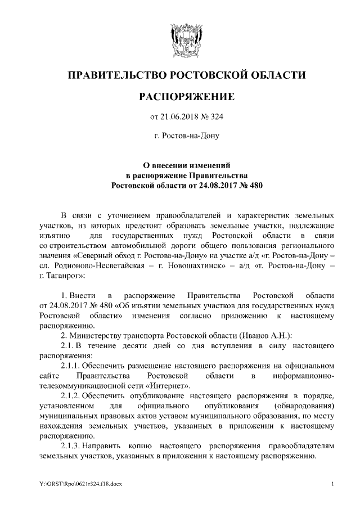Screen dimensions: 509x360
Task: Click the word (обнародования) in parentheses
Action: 303,406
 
